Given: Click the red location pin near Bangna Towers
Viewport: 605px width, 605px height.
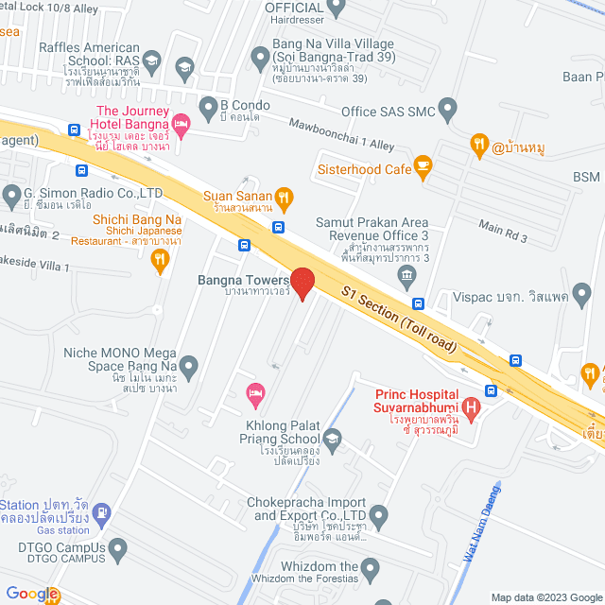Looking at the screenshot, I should point(302,283).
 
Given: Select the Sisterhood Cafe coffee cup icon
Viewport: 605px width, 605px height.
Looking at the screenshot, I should point(423,168).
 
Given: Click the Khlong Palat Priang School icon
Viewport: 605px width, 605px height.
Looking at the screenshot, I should point(333,438).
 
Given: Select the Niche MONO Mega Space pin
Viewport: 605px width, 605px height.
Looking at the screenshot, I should point(189,365).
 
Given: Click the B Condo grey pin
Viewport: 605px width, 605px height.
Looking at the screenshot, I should point(207,103).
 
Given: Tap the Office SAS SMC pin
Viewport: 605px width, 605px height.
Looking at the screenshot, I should point(448,112).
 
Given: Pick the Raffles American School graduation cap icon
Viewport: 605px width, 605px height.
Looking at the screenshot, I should point(183,65).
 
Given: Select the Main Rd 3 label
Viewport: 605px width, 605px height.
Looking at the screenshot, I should point(503,231).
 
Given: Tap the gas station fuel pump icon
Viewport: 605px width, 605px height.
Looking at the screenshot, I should point(101,513).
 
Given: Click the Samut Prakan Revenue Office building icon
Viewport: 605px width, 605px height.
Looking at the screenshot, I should point(406,277).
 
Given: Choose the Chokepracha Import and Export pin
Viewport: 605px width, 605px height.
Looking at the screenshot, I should point(379,517).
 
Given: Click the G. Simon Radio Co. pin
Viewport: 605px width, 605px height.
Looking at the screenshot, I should point(11,198).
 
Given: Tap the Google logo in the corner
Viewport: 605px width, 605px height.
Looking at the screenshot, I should point(31,594).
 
